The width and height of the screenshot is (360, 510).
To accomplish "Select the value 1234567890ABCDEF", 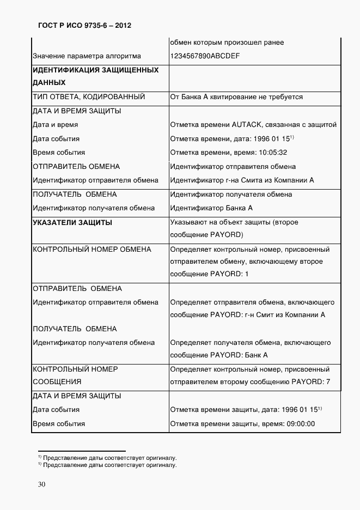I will pos(205,56).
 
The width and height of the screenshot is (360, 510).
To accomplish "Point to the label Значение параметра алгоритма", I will pos(87,56).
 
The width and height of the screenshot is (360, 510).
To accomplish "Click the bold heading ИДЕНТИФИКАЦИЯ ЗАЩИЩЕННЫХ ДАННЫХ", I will pos(96,76).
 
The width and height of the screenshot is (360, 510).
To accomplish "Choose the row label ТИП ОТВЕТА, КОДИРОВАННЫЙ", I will pos(89,97).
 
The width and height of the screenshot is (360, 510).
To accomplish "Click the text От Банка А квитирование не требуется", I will pos(236,97).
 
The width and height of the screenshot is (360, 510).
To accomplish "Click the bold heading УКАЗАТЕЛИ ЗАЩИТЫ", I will pos(73,222).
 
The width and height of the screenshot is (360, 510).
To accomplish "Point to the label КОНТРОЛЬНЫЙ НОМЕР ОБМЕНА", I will pos(92,250).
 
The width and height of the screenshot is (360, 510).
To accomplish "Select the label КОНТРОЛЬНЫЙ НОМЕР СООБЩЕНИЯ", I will pos(76,375).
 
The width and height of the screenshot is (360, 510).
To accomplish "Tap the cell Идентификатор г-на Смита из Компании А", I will pos(242,180).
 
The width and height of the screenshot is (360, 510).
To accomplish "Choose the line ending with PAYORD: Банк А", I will pos(219,355).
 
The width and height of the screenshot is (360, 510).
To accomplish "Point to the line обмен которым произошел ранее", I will pos(227,42).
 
